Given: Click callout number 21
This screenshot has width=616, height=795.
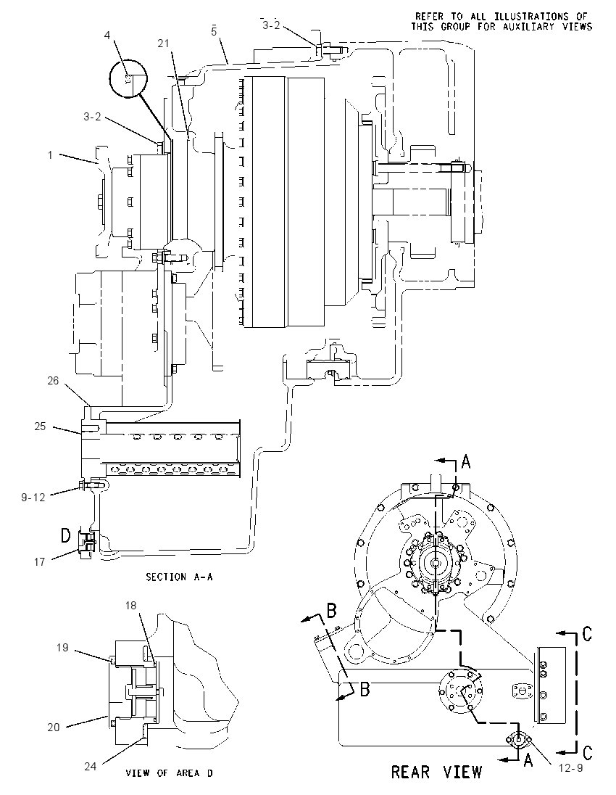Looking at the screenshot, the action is point(163,44).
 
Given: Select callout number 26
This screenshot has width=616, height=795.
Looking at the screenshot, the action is point(53,381).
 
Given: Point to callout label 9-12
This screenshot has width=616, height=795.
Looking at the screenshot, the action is point(33,498).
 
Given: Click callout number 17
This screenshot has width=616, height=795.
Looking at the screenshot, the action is point(40,561).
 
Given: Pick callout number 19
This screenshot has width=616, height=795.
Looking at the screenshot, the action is point(62,648).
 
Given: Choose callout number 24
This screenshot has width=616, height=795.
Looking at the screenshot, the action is point(90,766).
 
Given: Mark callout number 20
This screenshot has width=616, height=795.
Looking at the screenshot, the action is point(54,727).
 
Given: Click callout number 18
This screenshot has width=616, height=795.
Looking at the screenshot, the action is point(130,606).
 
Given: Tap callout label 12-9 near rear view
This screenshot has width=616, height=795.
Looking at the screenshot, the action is point(571,768).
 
